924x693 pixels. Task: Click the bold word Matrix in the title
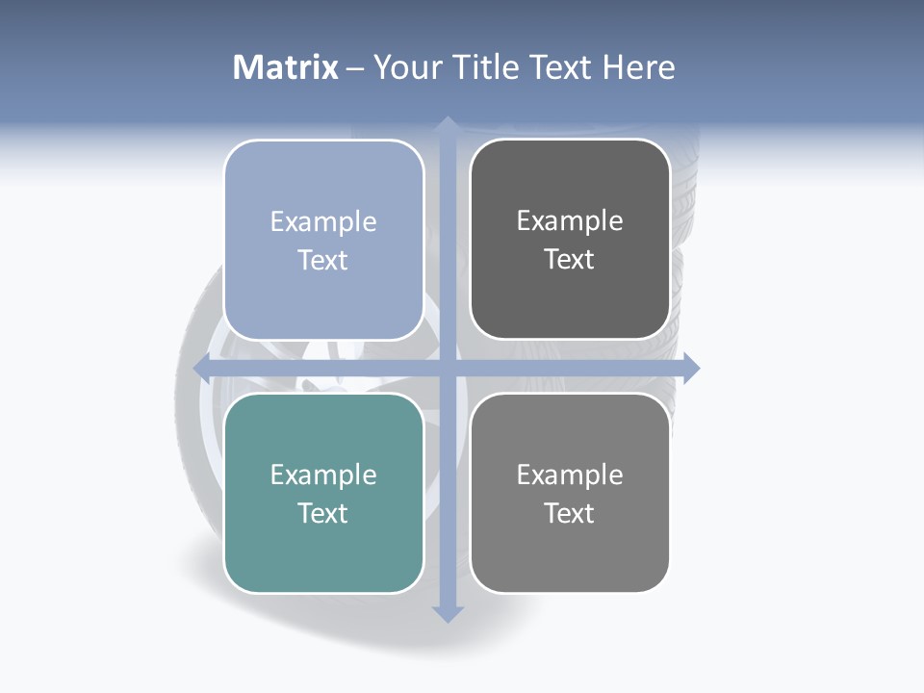click(286, 67)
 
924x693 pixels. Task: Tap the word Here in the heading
click(638, 67)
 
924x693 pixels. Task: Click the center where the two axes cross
click(448, 367)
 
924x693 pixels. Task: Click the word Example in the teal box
click(323, 475)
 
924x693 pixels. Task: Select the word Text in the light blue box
click(323, 261)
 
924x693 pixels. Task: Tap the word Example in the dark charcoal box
click(570, 221)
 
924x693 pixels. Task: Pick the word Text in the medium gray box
click(570, 513)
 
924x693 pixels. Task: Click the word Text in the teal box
click(323, 513)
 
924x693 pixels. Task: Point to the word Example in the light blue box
click(323, 222)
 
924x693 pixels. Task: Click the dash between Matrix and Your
click(355, 68)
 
